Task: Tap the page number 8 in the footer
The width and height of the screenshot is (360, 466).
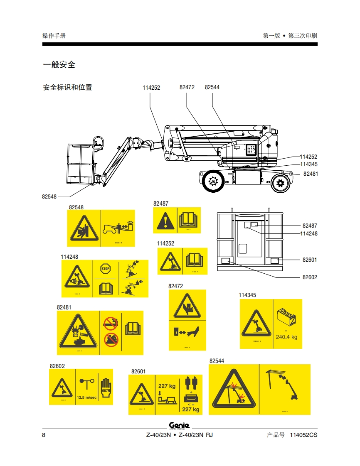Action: click(x=44, y=435)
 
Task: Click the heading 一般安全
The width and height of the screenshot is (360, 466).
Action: click(x=59, y=65)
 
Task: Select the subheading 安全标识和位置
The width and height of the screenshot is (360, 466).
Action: click(x=67, y=87)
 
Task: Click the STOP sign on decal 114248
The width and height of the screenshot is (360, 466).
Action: click(x=106, y=269)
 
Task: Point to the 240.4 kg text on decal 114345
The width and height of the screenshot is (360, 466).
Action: click(x=286, y=337)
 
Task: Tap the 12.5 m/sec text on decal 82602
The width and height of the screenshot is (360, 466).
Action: click(x=86, y=397)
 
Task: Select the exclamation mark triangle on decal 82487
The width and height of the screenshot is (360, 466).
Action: click(x=165, y=221)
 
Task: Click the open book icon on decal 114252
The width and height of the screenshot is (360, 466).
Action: click(x=194, y=260)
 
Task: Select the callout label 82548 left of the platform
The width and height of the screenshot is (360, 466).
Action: click(x=49, y=196)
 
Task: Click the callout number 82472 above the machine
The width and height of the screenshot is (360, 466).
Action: click(x=187, y=87)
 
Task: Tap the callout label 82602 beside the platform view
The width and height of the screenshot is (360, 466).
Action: click(x=310, y=277)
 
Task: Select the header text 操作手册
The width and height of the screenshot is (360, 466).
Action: click(x=54, y=36)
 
